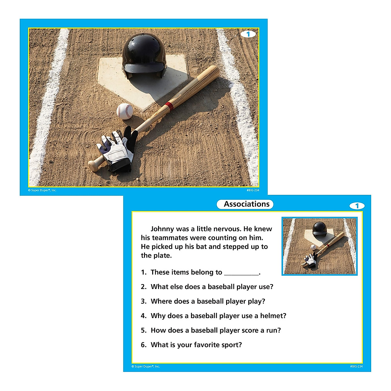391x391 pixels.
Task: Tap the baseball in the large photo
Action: (x=125, y=111)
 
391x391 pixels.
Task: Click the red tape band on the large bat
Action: (x=169, y=106)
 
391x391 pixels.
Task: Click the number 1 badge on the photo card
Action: (x=248, y=34)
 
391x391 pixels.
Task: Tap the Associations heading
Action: (x=247, y=204)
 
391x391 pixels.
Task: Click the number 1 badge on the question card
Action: (x=357, y=206)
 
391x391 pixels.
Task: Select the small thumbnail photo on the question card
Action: (x=320, y=246)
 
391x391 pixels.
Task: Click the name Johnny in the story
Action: (x=162, y=229)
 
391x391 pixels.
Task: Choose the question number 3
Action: (x=144, y=301)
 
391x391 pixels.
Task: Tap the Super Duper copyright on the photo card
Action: (x=42, y=190)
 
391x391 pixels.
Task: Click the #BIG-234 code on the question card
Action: (x=356, y=367)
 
